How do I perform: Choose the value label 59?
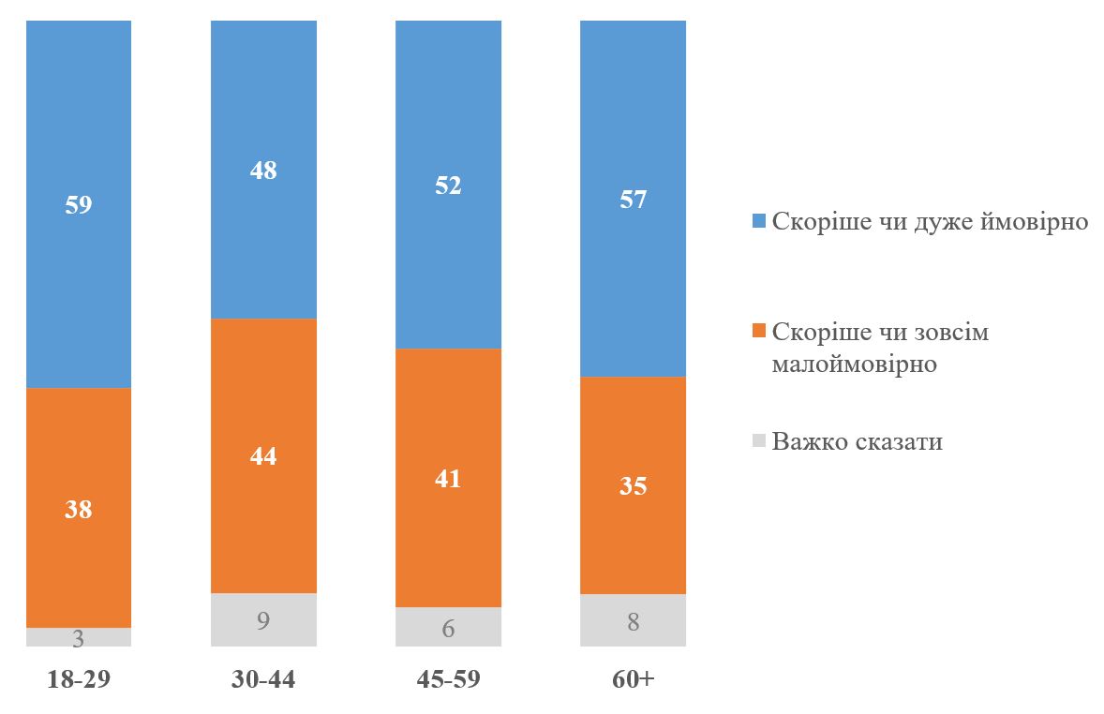79,204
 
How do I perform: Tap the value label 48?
263,171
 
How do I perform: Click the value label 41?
448,478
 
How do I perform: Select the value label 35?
633,485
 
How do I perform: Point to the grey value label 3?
79,640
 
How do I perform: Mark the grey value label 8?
633,621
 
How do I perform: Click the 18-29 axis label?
79,679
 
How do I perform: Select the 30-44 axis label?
263,679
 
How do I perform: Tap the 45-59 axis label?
448,679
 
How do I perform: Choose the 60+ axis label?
633,679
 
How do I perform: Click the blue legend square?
758,221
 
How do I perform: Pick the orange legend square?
758,332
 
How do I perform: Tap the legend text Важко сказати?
857,441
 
